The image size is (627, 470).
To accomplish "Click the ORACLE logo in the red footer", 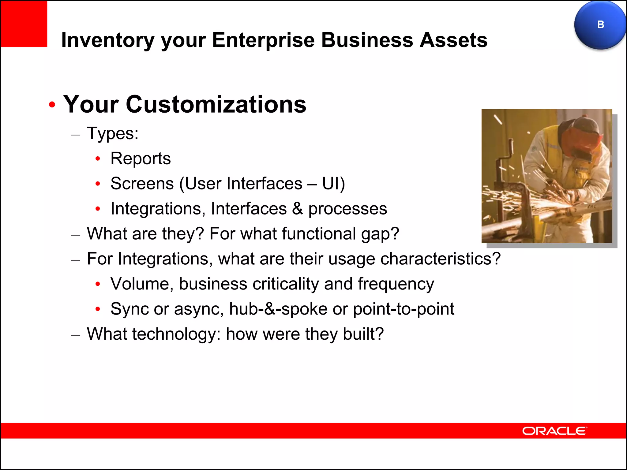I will tap(554, 431).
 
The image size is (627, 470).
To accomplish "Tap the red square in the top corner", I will tap(24, 24).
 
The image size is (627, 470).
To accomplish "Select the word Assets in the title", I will tap(453, 40).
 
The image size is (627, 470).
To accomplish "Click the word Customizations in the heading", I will tap(216, 104).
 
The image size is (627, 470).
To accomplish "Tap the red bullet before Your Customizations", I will tap(52, 105).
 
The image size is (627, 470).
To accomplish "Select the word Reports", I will tap(141, 159).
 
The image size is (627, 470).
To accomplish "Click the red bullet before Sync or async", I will tap(98, 309).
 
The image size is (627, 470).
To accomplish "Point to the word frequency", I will tap(396, 284).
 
